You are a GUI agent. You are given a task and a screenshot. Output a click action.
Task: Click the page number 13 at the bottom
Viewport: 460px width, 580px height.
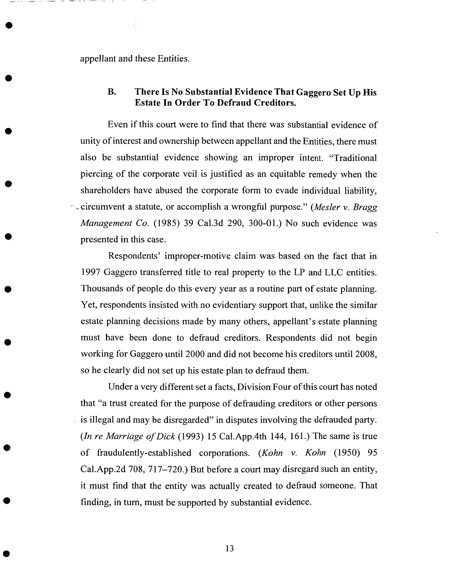coord(229,548)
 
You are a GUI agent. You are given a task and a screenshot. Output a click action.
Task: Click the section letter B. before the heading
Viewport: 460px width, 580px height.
coord(112,92)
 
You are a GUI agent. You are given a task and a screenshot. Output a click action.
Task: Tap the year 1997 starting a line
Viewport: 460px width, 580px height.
coord(91,272)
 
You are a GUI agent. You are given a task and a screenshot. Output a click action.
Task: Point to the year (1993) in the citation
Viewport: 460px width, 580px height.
coord(190,436)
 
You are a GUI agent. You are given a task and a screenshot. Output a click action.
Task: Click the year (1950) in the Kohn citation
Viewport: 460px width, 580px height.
coord(346,453)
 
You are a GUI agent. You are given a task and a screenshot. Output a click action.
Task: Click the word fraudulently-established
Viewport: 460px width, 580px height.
coord(144,453)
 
